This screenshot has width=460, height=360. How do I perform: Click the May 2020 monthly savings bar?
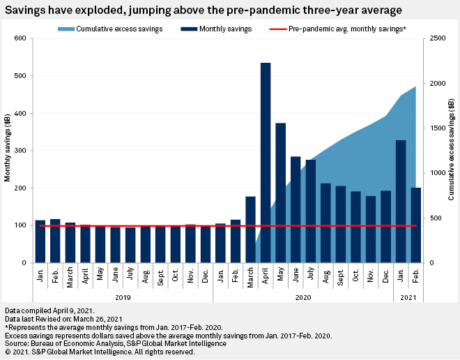click(280, 193)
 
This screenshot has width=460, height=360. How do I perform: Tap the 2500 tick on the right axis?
click(436, 38)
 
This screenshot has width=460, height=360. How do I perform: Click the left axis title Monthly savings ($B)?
click(8, 151)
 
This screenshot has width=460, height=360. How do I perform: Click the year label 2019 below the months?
click(123, 297)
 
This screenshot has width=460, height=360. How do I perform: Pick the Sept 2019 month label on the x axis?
click(160, 276)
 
